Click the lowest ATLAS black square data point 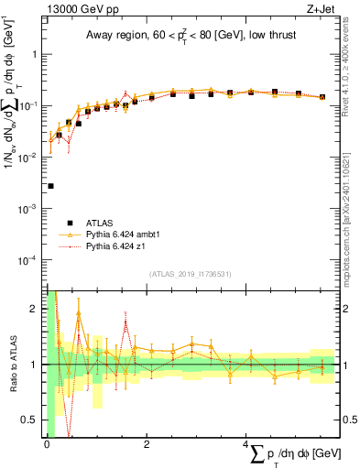50,186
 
